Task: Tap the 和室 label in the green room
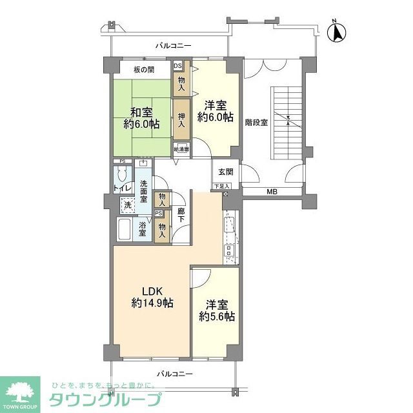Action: (x=141, y=117)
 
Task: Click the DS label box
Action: (x=177, y=65)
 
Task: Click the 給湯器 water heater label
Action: (x=182, y=148)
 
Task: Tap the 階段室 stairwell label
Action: (x=256, y=120)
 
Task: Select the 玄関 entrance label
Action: (x=226, y=172)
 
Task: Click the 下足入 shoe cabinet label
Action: (x=221, y=186)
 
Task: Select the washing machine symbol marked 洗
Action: (x=127, y=204)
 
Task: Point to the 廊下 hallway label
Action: (x=181, y=216)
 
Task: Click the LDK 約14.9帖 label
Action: (x=152, y=296)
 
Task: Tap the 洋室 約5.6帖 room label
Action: (x=217, y=310)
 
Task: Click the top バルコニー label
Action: (x=174, y=46)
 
